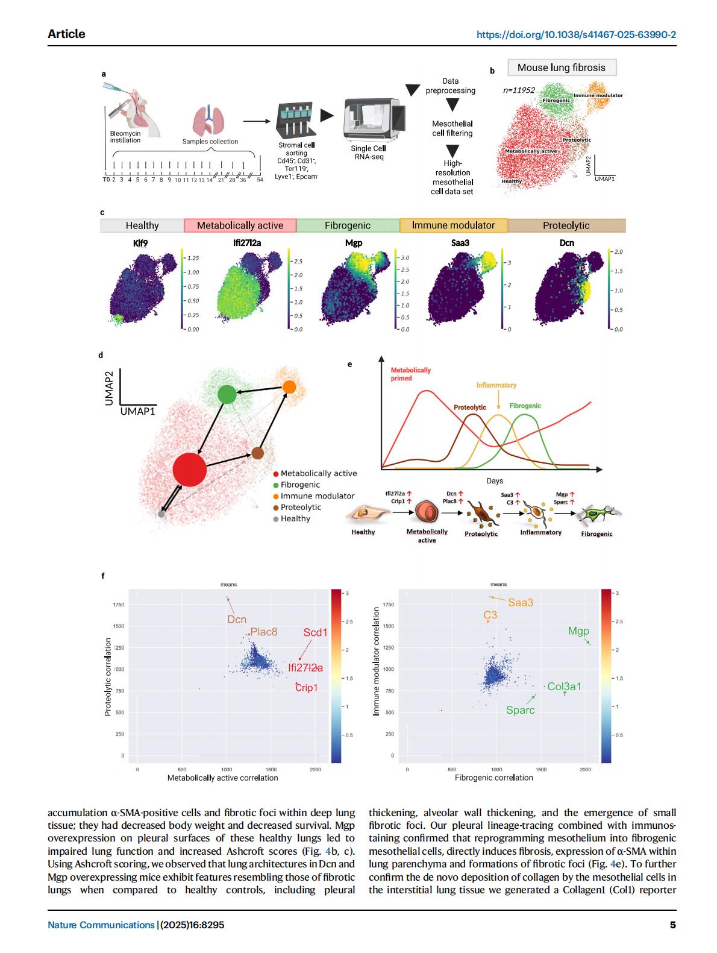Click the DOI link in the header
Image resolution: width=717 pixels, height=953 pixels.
coord(576,34)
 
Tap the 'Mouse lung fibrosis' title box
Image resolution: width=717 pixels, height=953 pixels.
coord(561,68)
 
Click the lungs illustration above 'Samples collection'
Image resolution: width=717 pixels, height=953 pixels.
coord(208,121)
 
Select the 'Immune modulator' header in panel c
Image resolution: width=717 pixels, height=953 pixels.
coord(453,225)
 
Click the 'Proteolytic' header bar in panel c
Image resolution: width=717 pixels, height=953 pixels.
coord(566,225)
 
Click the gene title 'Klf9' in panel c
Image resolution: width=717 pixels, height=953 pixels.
coord(140,243)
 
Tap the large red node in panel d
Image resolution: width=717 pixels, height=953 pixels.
coord(189,470)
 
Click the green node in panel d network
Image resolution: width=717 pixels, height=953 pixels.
coord(227,394)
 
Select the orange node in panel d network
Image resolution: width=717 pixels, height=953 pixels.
coord(289,386)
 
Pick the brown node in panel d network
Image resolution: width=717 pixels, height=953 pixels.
coord(258,453)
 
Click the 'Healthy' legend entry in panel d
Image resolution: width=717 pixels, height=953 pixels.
coord(295,518)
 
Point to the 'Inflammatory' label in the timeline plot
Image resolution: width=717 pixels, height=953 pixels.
coord(496,385)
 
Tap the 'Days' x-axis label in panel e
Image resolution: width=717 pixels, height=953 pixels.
coord(495,481)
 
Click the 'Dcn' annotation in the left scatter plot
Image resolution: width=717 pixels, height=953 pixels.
coord(236,619)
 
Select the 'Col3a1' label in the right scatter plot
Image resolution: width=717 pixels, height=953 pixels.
coord(564,686)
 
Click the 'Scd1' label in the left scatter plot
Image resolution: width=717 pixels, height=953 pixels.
coord(315,632)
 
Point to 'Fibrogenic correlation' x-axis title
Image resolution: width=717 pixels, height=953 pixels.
coord(493,778)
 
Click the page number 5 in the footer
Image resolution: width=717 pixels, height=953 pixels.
coord(672,925)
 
